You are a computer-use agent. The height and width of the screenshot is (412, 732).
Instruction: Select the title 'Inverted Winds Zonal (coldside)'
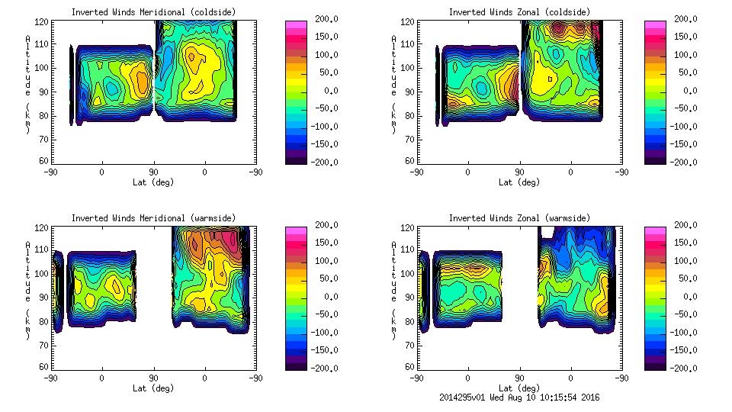pos(519,12)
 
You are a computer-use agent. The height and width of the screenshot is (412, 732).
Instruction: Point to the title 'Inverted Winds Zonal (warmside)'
pos(519,218)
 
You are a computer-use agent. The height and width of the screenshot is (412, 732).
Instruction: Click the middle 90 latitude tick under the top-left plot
pos(153,172)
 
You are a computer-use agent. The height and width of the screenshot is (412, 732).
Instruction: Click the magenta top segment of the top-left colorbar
pos(295,24)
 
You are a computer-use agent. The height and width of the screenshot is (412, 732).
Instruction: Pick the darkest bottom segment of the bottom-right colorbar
pos(654,364)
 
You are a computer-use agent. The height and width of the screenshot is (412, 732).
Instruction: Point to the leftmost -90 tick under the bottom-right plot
pos(416,378)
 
